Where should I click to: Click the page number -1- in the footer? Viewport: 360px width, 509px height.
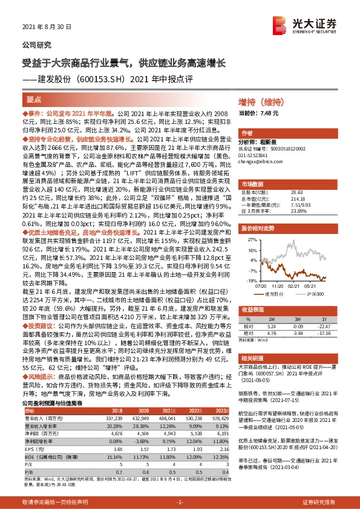point(179,502)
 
